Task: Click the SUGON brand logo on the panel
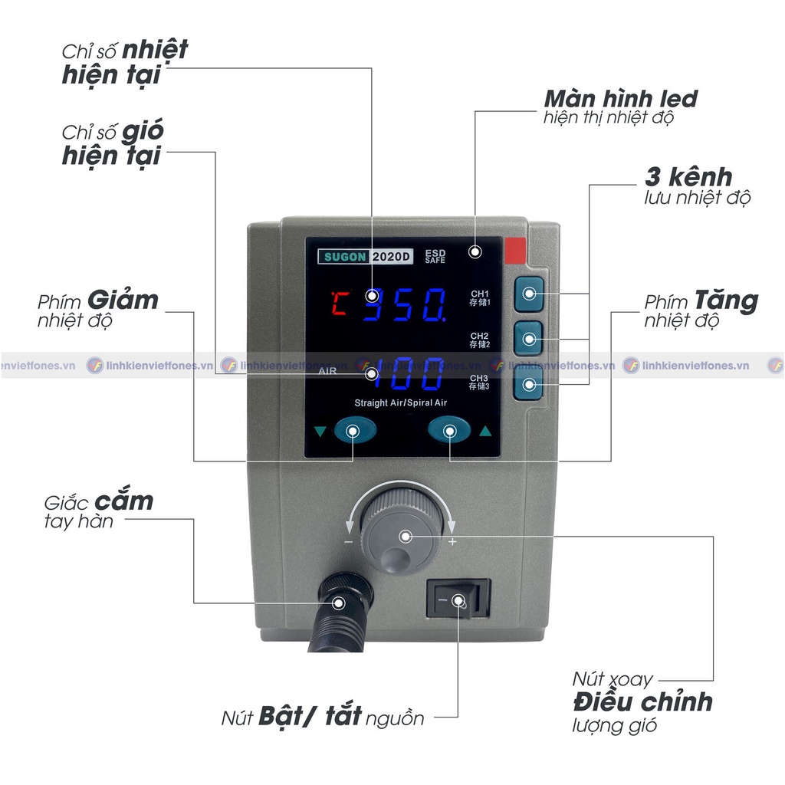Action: [343, 258]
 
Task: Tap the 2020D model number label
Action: [392, 258]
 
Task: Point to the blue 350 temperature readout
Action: [406, 304]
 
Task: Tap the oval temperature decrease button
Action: [353, 431]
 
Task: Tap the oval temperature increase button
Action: [448, 431]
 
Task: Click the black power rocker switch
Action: [458, 599]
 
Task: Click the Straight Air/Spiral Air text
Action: [400, 403]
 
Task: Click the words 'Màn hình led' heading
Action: [620, 99]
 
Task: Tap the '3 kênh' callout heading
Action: [688, 177]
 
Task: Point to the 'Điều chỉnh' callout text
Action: [642, 701]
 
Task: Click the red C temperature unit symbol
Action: [337, 304]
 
